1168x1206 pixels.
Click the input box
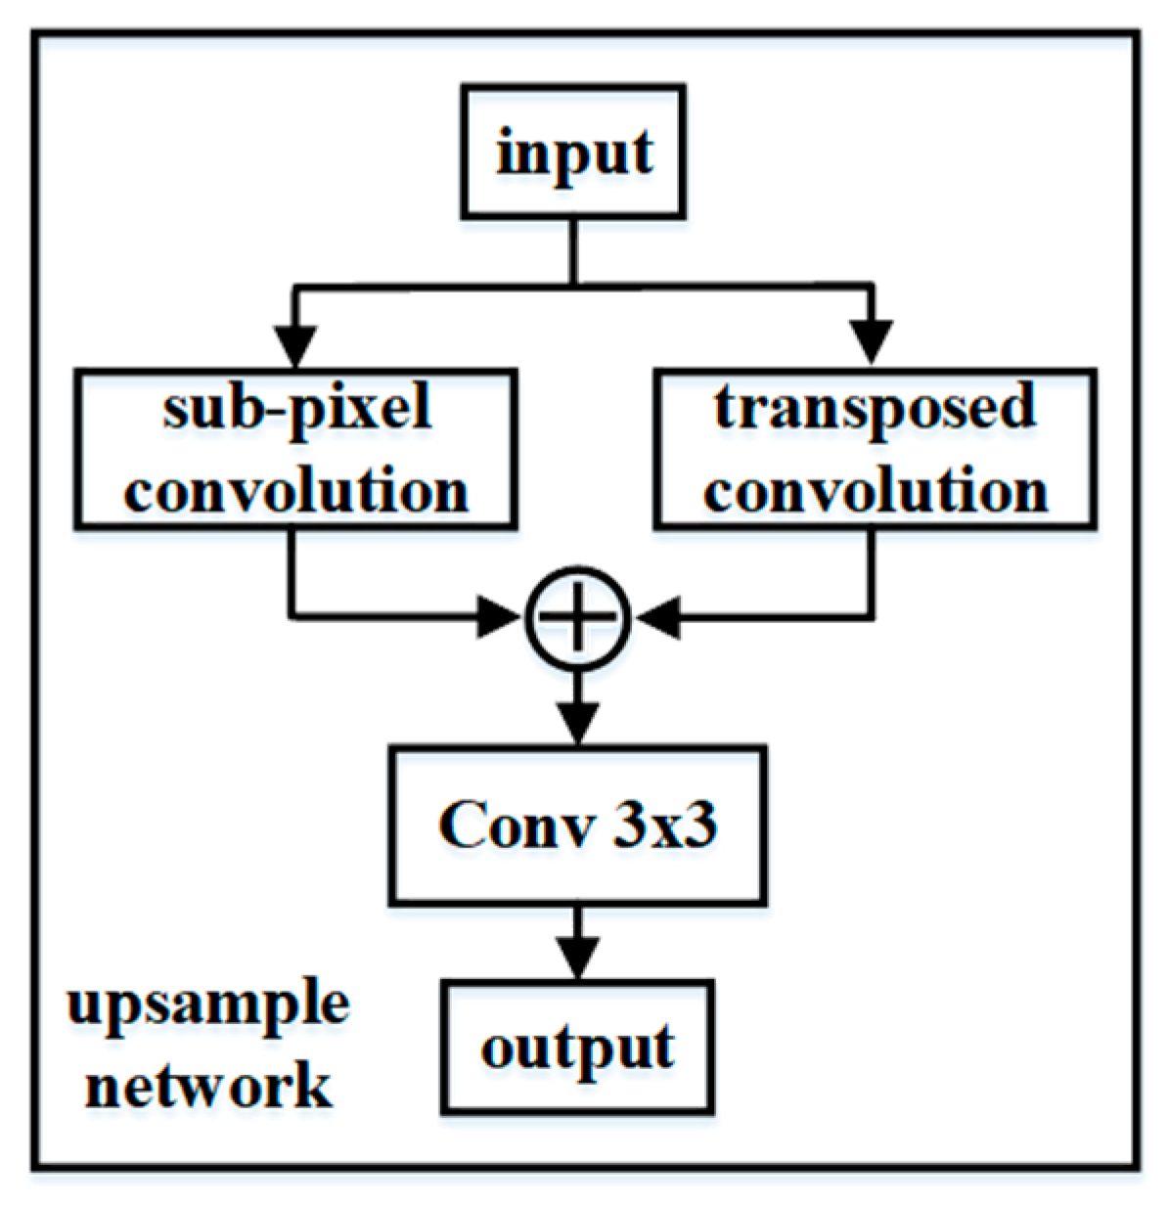tap(573, 152)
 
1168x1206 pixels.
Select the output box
tap(577, 1047)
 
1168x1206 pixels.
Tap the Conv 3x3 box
tap(577, 825)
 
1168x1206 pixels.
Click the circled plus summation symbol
tap(578, 617)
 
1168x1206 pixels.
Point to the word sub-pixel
tap(296, 408)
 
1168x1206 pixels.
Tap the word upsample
tap(208, 1005)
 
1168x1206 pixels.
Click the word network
tap(208, 1085)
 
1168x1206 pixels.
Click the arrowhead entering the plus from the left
tap(501, 617)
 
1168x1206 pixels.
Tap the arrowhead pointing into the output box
tap(578, 958)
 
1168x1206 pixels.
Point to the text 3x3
tap(664, 826)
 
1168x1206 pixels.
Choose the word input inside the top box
tap(573, 154)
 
